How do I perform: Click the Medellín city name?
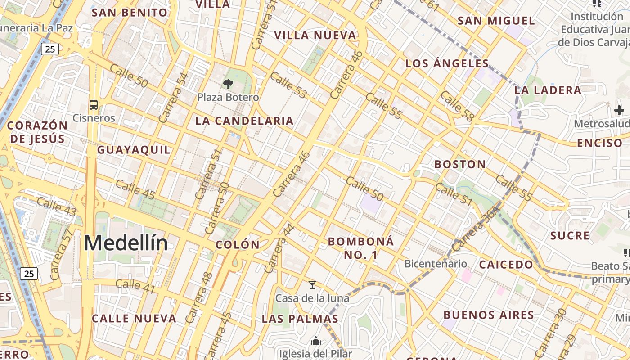[x=126, y=243]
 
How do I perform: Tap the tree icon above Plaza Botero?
[x=228, y=84]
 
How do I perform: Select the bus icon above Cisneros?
[x=94, y=105]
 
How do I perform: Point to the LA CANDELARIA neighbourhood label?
[x=244, y=121]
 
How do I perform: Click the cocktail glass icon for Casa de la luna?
[x=312, y=284]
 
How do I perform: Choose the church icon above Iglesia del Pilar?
[x=316, y=341]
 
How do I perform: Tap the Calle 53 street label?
[x=288, y=85]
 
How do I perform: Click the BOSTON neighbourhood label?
[x=460, y=164]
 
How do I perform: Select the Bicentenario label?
[x=436, y=264]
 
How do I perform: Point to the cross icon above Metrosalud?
[x=619, y=110]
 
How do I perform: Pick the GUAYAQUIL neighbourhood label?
[x=134, y=150]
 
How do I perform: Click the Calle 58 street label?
[x=457, y=106]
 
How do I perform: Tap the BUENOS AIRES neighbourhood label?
[x=489, y=315]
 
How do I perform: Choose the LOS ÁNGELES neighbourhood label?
[x=447, y=63]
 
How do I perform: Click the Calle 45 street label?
[x=135, y=189]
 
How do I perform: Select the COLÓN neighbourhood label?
[x=238, y=245]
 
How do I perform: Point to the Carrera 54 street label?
[x=173, y=98]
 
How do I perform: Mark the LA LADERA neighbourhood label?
[x=548, y=90]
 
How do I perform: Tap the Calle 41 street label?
[x=135, y=286]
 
